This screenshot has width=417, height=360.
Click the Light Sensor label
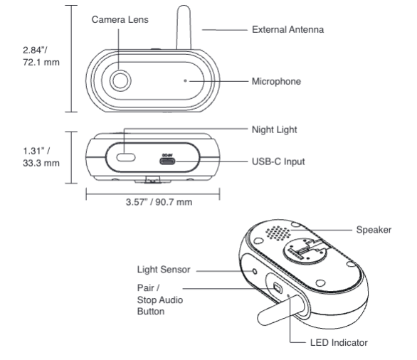162,270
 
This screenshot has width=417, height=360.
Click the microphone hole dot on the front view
186,81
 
